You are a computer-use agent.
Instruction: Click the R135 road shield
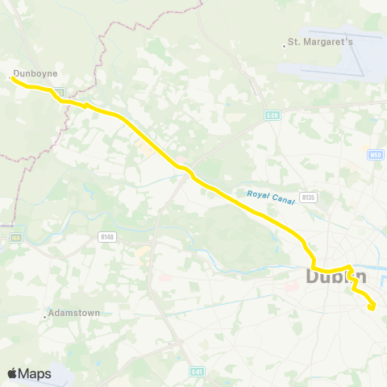click(x=306, y=197)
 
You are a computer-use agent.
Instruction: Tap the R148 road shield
click(x=106, y=237)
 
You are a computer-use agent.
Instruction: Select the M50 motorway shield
click(x=374, y=155)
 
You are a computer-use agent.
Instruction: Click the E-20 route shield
click(x=272, y=116)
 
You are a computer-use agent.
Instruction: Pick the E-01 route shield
click(x=197, y=372)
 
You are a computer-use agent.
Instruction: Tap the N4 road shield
click(x=15, y=238)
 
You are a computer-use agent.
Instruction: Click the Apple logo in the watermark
click(x=13, y=373)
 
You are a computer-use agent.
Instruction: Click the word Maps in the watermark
click(x=35, y=374)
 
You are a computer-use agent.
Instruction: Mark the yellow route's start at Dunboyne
click(x=12, y=78)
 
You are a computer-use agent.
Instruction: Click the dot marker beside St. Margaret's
click(x=285, y=45)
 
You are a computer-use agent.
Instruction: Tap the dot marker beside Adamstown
click(x=45, y=317)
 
